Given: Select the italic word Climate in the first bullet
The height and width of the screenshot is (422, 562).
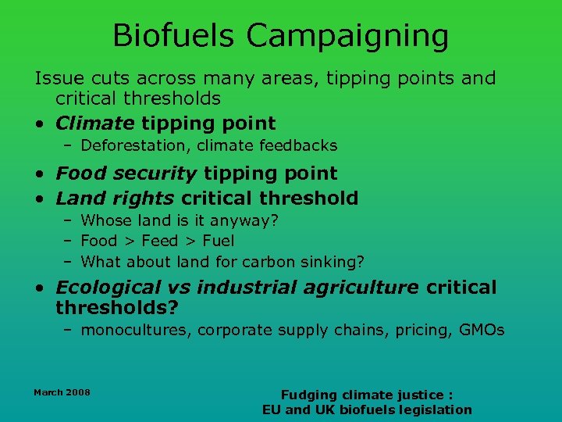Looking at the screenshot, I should [95, 123].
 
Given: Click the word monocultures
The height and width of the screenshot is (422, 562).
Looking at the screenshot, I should [136, 331].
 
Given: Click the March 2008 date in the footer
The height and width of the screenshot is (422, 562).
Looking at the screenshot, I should [62, 392].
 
